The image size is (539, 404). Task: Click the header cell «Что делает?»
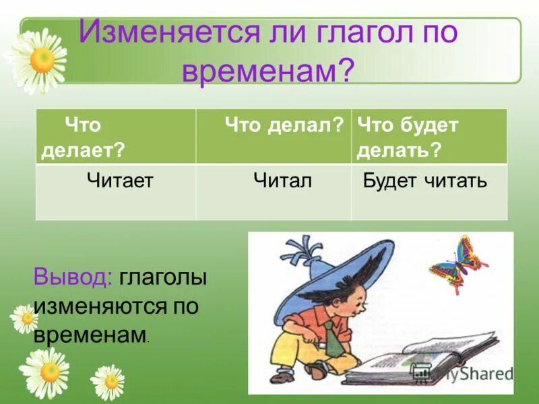115,136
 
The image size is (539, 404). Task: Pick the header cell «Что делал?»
274,136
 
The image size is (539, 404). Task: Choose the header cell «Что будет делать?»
429,136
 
